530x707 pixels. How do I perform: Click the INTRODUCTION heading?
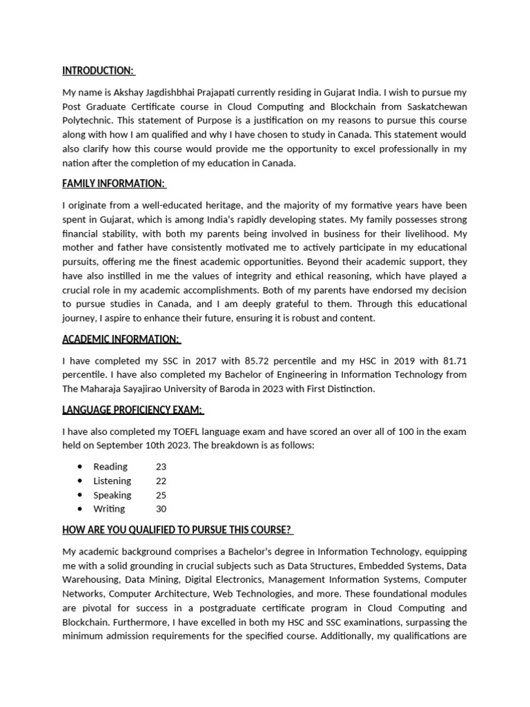tap(97, 70)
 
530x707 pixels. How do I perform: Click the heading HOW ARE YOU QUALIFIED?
tap(177, 530)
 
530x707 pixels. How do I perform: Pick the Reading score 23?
tap(161, 467)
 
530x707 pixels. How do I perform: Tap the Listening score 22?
tap(161, 481)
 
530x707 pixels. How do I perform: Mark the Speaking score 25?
tap(161, 495)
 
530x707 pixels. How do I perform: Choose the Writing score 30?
tap(161, 509)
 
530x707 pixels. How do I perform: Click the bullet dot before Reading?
tap(81, 467)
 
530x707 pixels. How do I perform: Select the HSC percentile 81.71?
tap(451, 360)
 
